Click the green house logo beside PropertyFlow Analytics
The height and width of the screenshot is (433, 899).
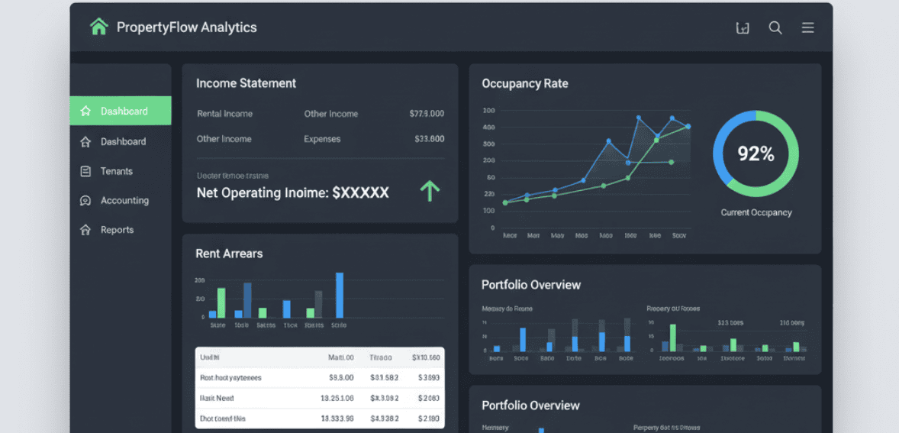point(99,27)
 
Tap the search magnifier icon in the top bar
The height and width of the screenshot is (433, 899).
point(775,28)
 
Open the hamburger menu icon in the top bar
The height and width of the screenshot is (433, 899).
point(807,28)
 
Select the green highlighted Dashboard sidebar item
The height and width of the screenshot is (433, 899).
point(121,111)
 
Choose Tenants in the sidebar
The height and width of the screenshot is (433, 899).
point(116,171)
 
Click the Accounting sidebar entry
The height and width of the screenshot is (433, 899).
point(124,200)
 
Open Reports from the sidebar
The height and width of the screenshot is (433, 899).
point(117,230)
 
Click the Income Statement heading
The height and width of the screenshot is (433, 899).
point(246,83)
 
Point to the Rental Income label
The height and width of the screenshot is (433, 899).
point(224,114)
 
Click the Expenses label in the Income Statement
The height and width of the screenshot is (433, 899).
point(322,139)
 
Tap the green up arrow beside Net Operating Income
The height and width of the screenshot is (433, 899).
point(430,191)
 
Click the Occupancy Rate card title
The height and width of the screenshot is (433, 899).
point(524,83)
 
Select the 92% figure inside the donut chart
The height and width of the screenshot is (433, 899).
point(756,154)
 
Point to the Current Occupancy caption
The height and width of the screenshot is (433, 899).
point(756,212)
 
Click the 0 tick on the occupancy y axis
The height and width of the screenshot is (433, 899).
point(492,228)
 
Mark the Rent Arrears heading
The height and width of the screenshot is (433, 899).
point(229,254)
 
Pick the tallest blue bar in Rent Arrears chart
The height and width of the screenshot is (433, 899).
point(340,295)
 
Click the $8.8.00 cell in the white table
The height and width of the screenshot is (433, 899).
point(341,377)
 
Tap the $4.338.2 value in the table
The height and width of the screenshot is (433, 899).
point(385,418)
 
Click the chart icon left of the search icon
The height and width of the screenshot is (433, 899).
point(742,28)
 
